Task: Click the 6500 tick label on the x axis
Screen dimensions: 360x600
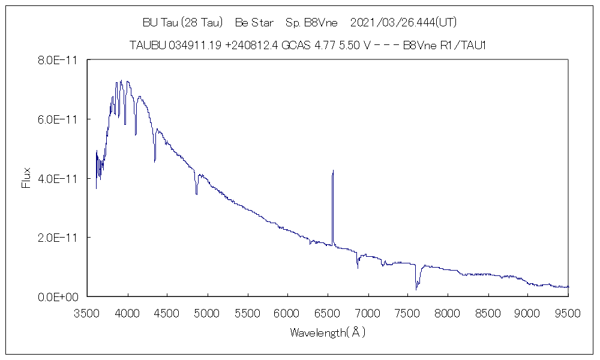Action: click(x=327, y=313)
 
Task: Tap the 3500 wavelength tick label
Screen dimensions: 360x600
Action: click(x=86, y=313)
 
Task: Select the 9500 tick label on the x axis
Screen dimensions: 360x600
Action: click(x=568, y=313)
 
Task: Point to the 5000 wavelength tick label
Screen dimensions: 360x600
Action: click(x=206, y=313)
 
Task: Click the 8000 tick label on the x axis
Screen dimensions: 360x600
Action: click(x=448, y=313)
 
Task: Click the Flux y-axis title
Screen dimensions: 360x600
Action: click(x=26, y=178)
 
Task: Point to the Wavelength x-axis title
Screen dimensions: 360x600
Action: click(x=328, y=332)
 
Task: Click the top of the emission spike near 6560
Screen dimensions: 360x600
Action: click(x=332, y=171)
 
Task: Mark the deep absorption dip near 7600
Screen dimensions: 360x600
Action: click(x=416, y=289)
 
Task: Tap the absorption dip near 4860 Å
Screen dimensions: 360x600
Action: click(x=196, y=193)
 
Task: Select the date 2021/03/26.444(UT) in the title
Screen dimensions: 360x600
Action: click(x=404, y=23)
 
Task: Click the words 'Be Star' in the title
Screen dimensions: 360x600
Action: click(x=254, y=23)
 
